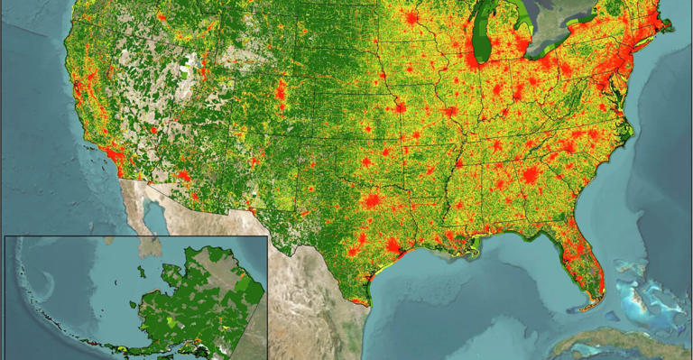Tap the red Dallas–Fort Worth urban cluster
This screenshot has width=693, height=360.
pyautogui.click(x=371, y=200)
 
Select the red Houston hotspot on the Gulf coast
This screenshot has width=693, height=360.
pyautogui.click(x=394, y=245)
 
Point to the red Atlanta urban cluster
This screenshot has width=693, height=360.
pyautogui.click(x=531, y=175)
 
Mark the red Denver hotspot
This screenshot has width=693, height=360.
pyautogui.click(x=280, y=90)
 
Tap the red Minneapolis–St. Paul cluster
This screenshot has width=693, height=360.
pyautogui.click(x=411, y=19)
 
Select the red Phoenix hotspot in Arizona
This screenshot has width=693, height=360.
pyautogui.click(x=184, y=174)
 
